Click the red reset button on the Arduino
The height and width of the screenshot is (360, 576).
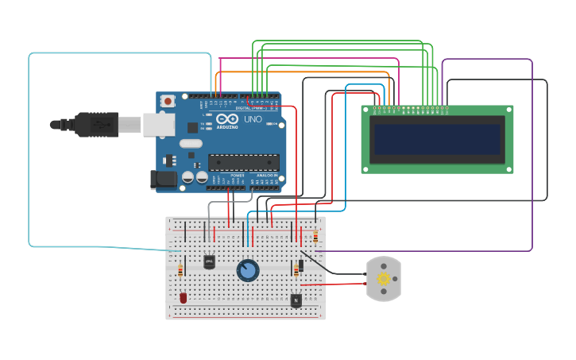[x=168, y=102]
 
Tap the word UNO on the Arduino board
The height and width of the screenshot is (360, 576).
[x=253, y=119]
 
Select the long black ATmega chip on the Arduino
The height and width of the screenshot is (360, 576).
[x=243, y=162]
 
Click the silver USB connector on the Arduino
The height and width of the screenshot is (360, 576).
[x=158, y=124]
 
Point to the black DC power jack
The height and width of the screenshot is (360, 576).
[x=164, y=180]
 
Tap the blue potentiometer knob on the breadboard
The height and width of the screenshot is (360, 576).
[x=248, y=271]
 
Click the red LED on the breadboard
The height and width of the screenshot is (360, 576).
[x=184, y=298]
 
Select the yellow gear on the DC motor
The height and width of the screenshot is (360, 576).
[x=384, y=278]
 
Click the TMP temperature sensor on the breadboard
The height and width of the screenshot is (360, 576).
[x=209, y=261]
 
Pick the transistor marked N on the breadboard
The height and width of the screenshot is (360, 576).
[x=296, y=300]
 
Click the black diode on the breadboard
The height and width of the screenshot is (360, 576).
[x=301, y=265]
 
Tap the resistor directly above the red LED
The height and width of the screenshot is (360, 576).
[x=180, y=271]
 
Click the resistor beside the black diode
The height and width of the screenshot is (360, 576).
[x=296, y=271]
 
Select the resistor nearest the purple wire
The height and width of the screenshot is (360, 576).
[x=315, y=236]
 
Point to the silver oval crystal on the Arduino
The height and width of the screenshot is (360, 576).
[x=191, y=144]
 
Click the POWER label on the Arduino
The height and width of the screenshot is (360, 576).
[x=237, y=175]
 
